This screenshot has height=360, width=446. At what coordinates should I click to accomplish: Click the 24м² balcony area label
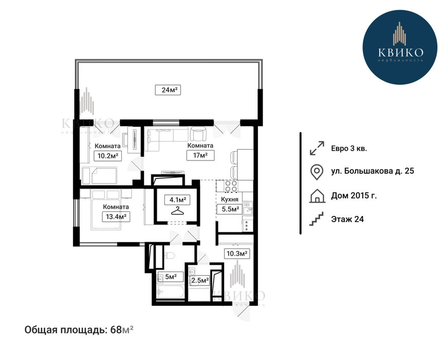pos(168,90)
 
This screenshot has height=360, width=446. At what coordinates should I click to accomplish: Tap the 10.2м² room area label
pos(108,156)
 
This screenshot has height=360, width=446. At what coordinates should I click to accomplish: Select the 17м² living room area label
pos(200,155)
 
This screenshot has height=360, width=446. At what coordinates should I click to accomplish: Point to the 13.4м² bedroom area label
pos(116,217)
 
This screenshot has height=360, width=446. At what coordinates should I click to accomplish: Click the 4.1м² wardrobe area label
pos(177,200)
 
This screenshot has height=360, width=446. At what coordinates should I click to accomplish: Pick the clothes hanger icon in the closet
pos(177,211)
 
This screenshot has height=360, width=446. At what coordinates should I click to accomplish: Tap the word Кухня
pos(230,199)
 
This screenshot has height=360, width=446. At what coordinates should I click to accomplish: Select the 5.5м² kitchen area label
pos(230,209)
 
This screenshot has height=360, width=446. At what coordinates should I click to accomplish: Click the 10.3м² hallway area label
pos(236,253)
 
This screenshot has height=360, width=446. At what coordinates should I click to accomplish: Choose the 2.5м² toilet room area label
pos(200,281)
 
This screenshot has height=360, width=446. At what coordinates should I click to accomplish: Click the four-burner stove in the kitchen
pos(231,186)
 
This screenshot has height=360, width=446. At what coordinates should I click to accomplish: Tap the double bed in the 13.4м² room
pos(106,210)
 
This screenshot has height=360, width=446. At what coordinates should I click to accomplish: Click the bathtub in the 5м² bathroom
pos(171,293)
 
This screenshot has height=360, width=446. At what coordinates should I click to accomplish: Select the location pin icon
pos(317,172)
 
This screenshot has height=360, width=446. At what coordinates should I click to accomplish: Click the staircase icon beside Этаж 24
pos(317,219)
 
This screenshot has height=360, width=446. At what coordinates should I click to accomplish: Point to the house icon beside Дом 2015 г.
pos(317,195)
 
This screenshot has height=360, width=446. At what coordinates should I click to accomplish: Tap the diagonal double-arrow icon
pos(317,148)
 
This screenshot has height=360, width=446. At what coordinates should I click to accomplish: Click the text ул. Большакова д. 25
pos(373,171)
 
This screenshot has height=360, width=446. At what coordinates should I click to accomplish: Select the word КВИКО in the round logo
pos(401,52)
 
